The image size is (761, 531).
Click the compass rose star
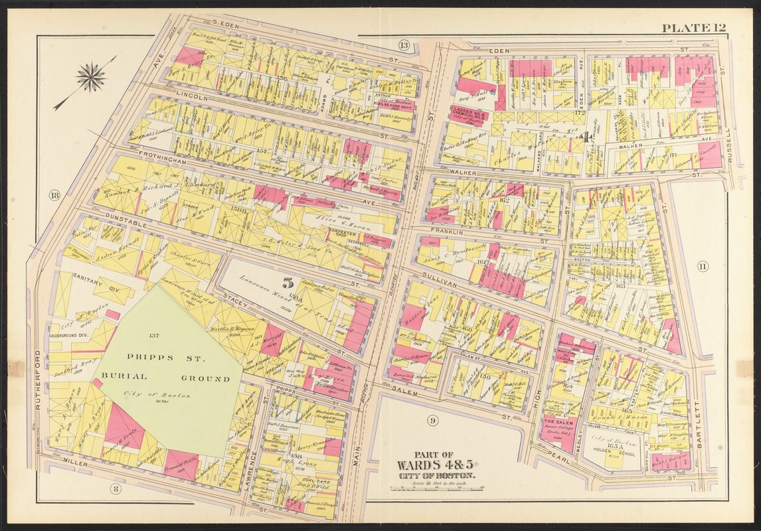click(x=91, y=77)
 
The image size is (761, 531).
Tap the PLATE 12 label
click(x=693, y=28)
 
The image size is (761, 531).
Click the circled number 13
click(x=404, y=45)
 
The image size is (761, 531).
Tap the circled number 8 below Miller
click(x=116, y=489)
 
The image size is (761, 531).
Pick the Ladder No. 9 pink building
click(x=470, y=114)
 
